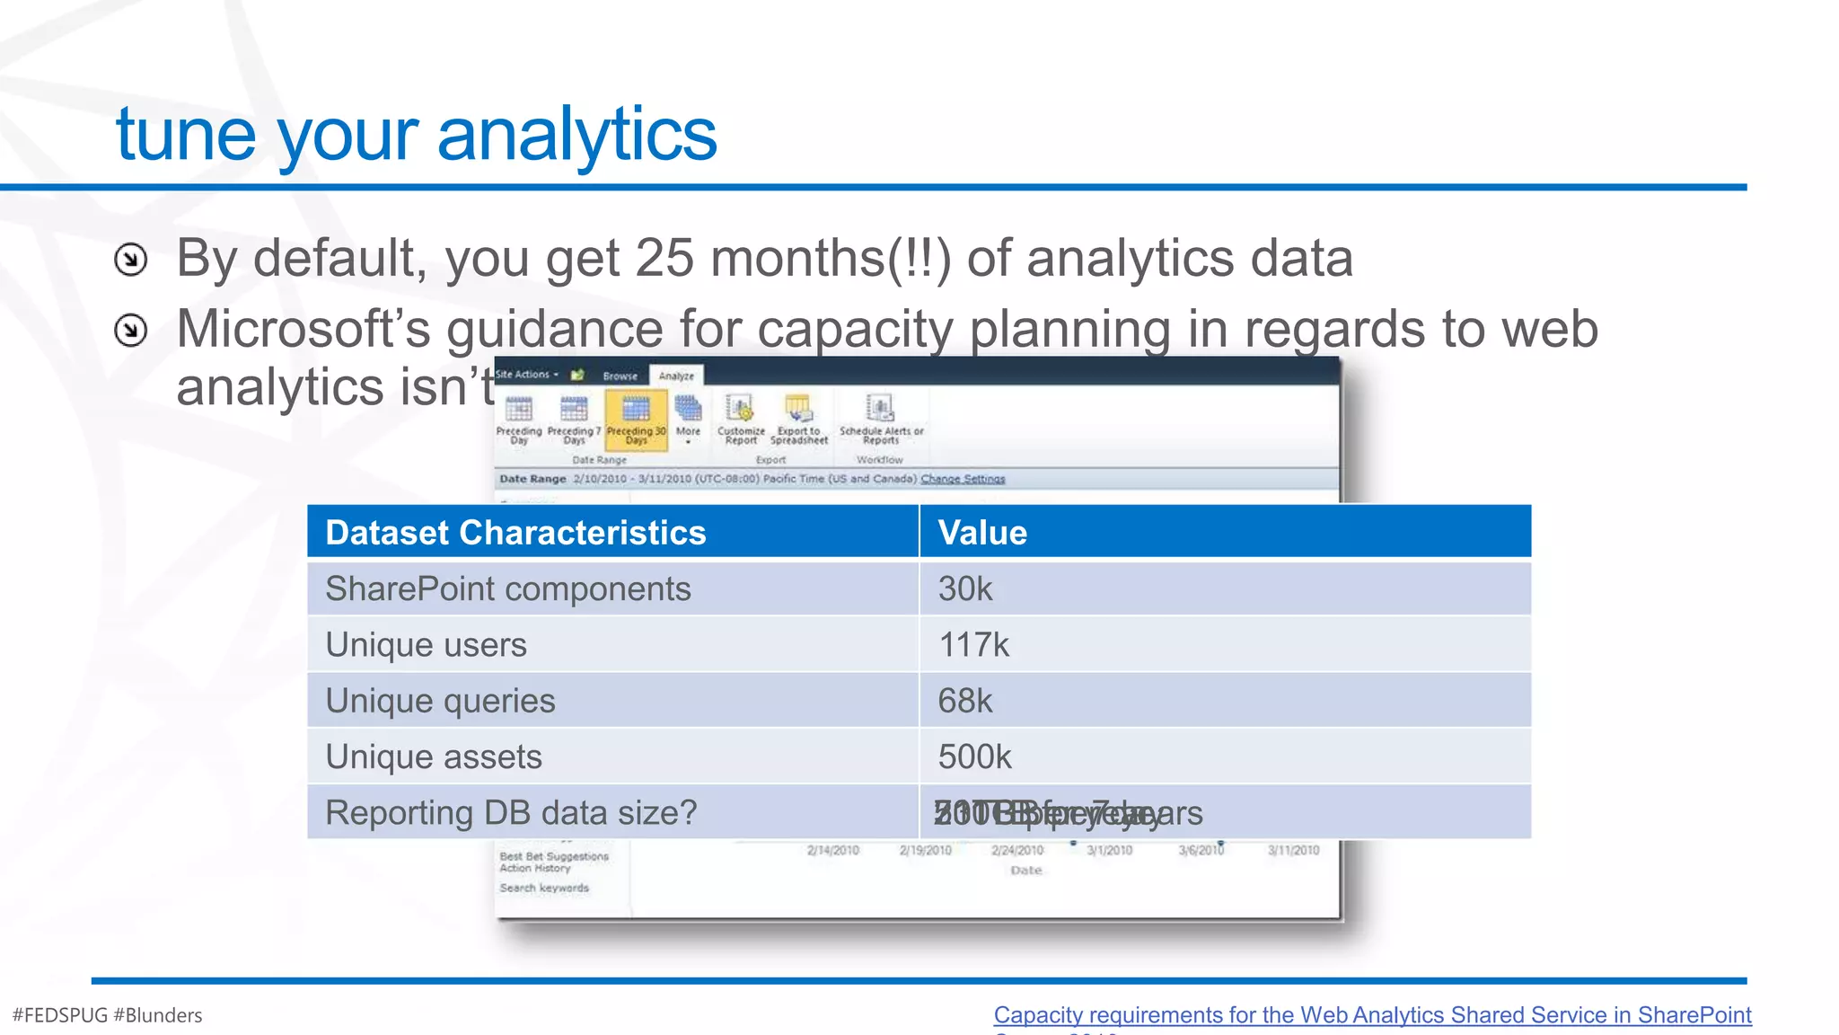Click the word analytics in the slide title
(576, 135)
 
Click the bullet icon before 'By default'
(131, 260)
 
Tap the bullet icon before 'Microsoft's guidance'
(131, 330)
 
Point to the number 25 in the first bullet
(664, 259)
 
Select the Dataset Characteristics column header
(515, 532)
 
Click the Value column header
(982, 532)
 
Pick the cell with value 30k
(965, 588)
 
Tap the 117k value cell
(973, 645)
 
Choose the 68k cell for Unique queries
(965, 701)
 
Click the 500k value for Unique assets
(974, 756)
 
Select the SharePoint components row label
(508, 588)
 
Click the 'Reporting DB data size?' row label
(511, 812)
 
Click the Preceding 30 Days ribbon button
(636, 420)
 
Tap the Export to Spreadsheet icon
(798, 410)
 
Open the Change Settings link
(963, 479)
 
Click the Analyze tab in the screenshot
(676, 376)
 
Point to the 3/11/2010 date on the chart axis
(1293, 850)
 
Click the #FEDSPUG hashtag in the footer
(60, 1015)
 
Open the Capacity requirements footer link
(1372, 1015)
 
